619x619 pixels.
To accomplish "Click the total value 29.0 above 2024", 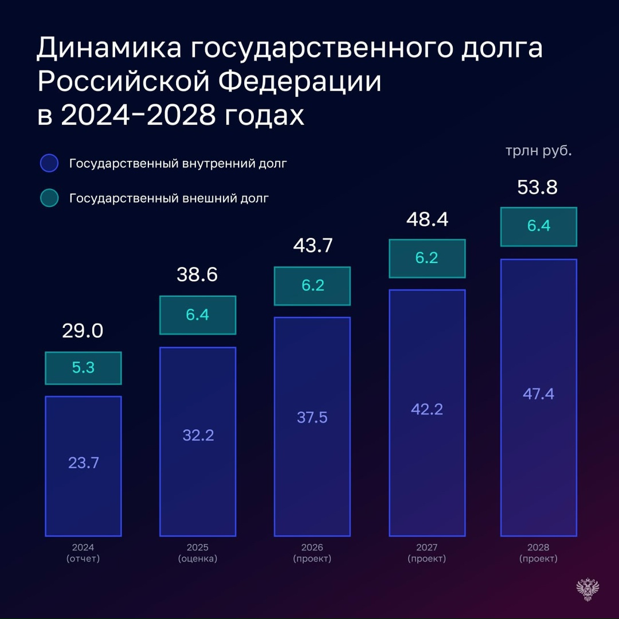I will [x=83, y=331].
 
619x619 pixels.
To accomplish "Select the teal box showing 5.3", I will [x=83, y=368].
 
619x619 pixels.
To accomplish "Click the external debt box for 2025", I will [x=198, y=315].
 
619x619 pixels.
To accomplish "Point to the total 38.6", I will [x=197, y=275].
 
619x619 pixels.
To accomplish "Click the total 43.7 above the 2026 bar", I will [x=312, y=245].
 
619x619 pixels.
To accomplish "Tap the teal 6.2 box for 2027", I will [x=427, y=258].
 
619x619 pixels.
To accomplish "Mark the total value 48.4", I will [x=427, y=218].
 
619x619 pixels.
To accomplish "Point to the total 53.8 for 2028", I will [x=537, y=187].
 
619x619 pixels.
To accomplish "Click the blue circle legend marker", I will [x=49, y=163].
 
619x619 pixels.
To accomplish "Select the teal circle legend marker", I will [x=49, y=198].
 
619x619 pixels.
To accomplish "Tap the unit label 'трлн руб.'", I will [x=538, y=152].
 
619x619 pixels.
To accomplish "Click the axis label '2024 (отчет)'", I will [x=83, y=553].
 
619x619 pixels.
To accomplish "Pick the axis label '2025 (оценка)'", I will [x=198, y=553].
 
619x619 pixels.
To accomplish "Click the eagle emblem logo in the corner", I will [x=587, y=590].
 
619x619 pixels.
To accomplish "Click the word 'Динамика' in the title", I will [x=108, y=49].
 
